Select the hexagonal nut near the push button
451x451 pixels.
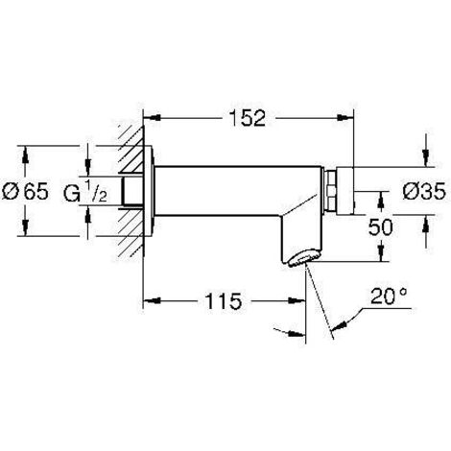pos(335,191)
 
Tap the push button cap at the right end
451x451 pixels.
pos(354,191)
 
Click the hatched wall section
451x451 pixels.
pos(131,191)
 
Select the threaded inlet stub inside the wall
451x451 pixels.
pos(132,191)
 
